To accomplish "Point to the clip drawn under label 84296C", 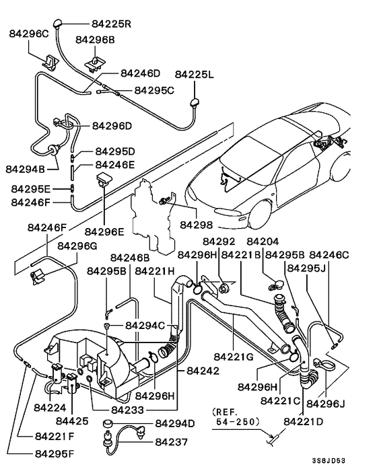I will [x=50, y=61].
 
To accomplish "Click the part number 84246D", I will [x=140, y=73].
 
